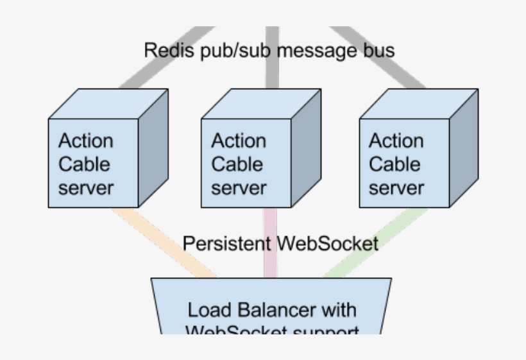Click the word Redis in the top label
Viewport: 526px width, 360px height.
165,50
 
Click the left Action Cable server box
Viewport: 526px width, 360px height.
94,163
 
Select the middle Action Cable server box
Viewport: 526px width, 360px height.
246,163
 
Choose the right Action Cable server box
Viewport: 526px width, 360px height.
404,163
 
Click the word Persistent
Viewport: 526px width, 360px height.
227,244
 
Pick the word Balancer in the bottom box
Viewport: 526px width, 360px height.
278,310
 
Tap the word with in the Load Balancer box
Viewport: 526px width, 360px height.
339,310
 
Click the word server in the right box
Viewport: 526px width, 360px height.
396,188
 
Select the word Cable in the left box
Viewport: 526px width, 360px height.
85,164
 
